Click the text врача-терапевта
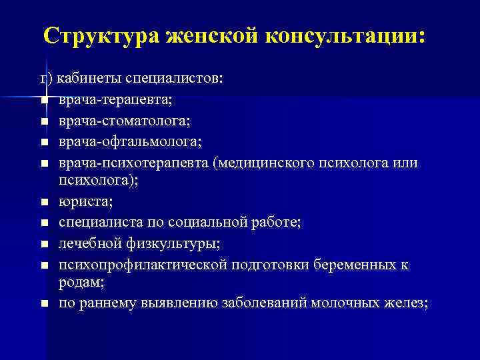114,100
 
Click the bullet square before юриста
43,201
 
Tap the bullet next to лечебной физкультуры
43,244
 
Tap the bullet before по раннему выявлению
43,303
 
